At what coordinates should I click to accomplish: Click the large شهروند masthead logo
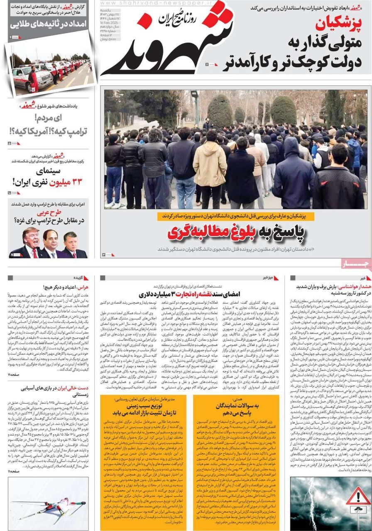[166, 44]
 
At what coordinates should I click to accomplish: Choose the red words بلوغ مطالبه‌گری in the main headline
[224, 233]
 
